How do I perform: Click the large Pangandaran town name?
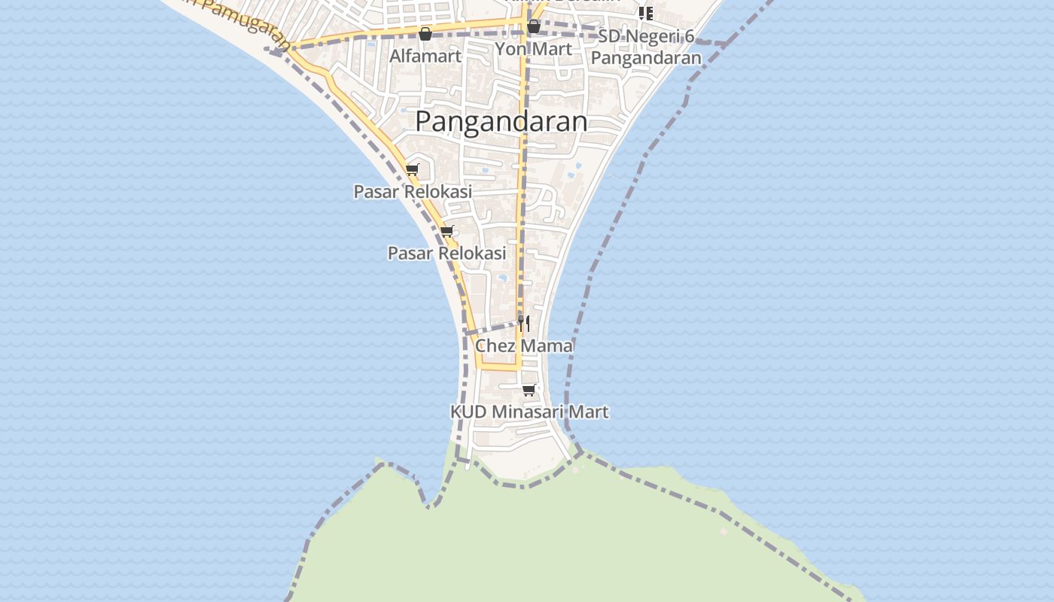(x=501, y=121)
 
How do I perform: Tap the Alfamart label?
(x=425, y=56)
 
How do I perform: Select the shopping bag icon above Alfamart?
(x=425, y=34)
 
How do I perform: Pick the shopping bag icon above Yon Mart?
(x=534, y=27)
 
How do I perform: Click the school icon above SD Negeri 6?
(x=646, y=13)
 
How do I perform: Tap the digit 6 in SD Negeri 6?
(x=690, y=37)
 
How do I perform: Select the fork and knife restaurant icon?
(x=524, y=323)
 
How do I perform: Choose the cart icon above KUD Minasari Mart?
(x=529, y=390)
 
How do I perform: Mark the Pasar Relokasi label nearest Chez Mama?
(x=446, y=254)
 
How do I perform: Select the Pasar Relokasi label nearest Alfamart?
(x=413, y=192)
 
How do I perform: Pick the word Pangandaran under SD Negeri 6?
(x=645, y=58)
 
